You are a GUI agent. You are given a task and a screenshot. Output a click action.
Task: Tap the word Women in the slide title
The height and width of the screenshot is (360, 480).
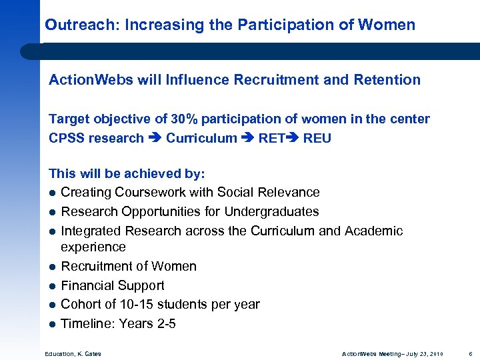386,25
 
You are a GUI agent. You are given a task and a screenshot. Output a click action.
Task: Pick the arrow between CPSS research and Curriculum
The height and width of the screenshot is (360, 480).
155,139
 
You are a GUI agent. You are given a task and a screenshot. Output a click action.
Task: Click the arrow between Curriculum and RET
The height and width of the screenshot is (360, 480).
249,139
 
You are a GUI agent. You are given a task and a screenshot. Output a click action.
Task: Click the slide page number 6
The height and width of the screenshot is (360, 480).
469,353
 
